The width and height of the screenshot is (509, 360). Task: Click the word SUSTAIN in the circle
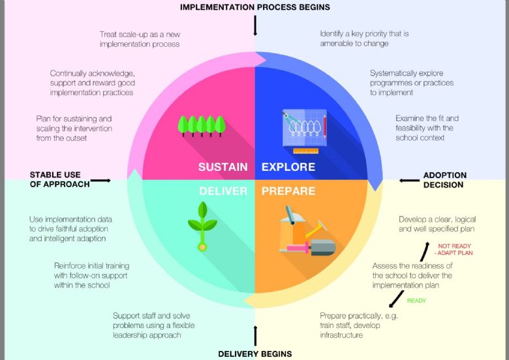pyautogui.click(x=223, y=167)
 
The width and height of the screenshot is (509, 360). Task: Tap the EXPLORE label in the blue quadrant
pyautogui.click(x=288, y=167)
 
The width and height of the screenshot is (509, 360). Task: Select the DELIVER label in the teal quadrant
pyautogui.click(x=223, y=192)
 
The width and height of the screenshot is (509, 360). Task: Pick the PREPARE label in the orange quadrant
pyautogui.click(x=288, y=192)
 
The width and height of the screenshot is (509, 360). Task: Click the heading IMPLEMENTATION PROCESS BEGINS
pyautogui.click(x=255, y=7)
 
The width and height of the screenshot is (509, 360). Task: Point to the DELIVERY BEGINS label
pyautogui.click(x=254, y=354)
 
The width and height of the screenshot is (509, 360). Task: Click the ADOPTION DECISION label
pyautogui.click(x=445, y=180)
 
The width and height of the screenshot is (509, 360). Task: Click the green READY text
pyautogui.click(x=416, y=301)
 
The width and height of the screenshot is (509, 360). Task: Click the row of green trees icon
pyautogui.click(x=202, y=124)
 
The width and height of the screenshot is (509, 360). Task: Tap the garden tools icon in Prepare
pyautogui.click(x=305, y=232)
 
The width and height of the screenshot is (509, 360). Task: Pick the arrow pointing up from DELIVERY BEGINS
pyautogui.click(x=255, y=336)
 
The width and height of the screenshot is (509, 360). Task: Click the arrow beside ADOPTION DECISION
pyautogui.click(x=409, y=180)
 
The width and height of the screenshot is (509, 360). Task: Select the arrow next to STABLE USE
pyautogui.click(x=100, y=180)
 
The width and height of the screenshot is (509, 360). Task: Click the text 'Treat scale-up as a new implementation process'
pyautogui.click(x=140, y=39)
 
